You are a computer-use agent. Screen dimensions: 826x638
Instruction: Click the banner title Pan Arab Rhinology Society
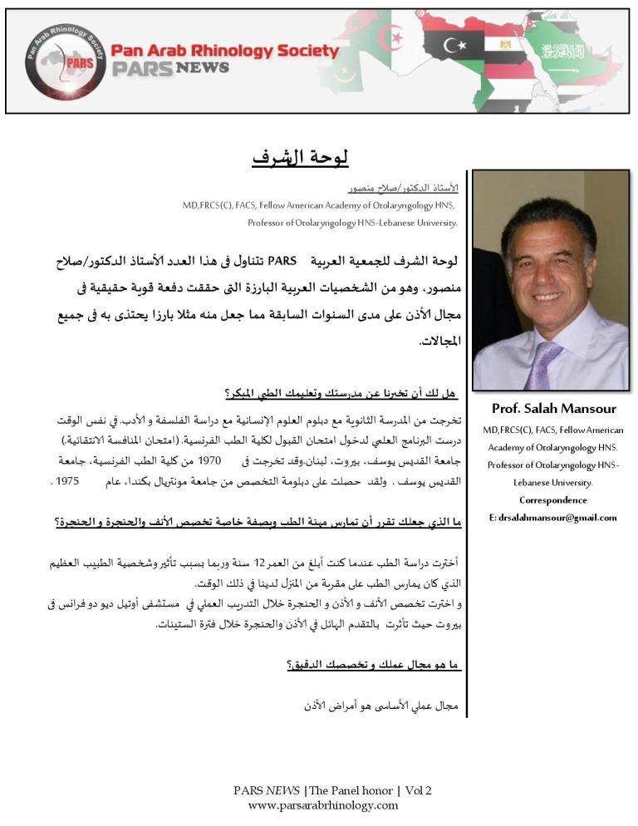[x=224, y=51]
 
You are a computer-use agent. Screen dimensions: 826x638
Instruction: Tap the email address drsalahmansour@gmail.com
[x=553, y=517]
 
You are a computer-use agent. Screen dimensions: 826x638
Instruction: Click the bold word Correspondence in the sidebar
[x=552, y=500]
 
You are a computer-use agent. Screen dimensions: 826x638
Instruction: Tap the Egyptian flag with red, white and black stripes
[x=505, y=49]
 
